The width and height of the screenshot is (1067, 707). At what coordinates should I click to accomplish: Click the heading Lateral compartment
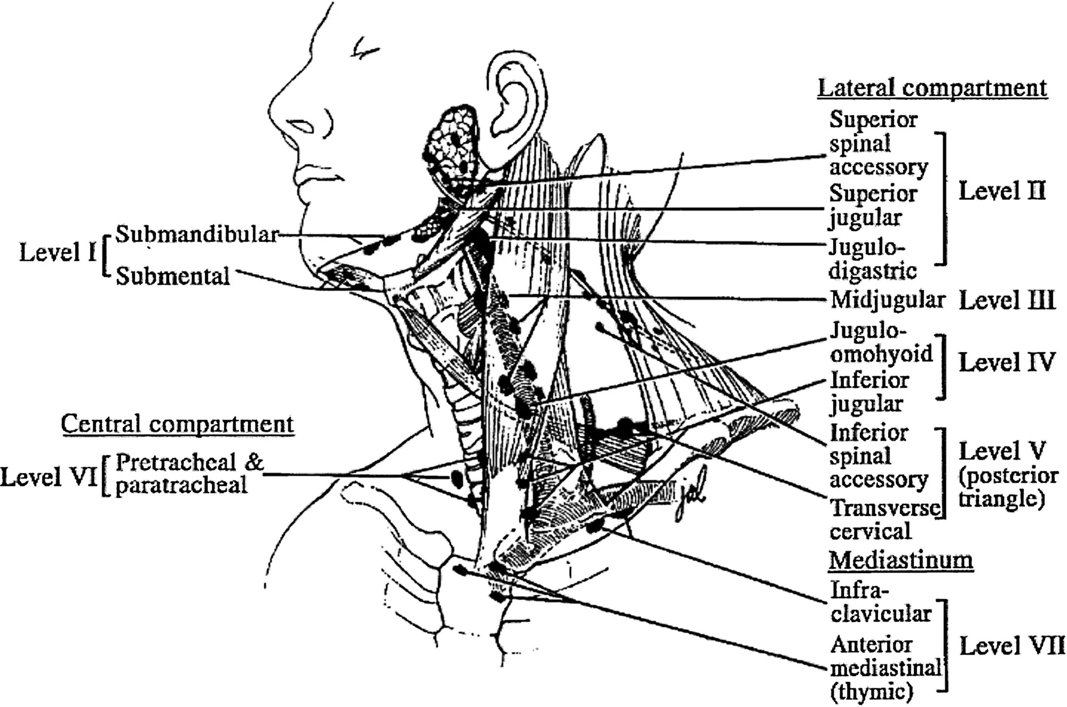932,89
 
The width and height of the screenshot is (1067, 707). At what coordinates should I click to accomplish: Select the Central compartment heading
177,424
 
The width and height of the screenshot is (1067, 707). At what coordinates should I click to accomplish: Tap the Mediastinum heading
901,560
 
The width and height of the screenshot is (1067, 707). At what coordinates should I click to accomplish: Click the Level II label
1001,191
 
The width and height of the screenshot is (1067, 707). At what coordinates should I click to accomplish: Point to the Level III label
1007,300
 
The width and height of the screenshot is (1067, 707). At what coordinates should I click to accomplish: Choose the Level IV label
1007,362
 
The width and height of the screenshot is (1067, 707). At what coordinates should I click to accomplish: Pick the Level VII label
1012,645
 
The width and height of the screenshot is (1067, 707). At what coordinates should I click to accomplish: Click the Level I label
57,253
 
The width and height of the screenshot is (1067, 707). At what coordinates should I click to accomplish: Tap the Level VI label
48,477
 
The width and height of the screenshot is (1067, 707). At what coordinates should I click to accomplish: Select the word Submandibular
197,234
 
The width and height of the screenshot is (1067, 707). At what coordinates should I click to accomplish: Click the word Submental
172,276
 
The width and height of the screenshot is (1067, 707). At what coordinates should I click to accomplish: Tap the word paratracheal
181,485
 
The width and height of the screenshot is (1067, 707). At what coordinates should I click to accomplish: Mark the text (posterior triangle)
1008,487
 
